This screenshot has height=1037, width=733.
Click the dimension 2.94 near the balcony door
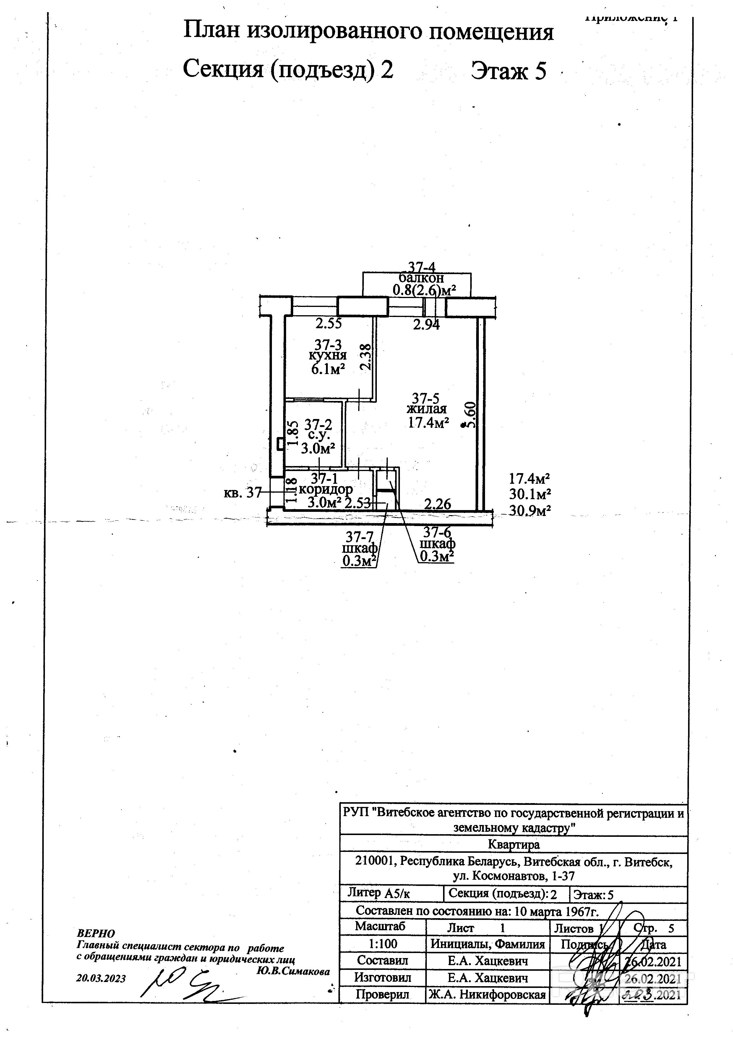(x=426, y=324)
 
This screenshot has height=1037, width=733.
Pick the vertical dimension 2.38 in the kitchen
(x=366, y=357)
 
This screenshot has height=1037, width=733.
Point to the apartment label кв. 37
(x=242, y=492)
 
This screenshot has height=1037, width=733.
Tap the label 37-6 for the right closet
(x=437, y=533)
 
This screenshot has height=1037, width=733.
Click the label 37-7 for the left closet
(x=360, y=537)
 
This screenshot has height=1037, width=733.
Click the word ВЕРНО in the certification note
(x=96, y=933)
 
